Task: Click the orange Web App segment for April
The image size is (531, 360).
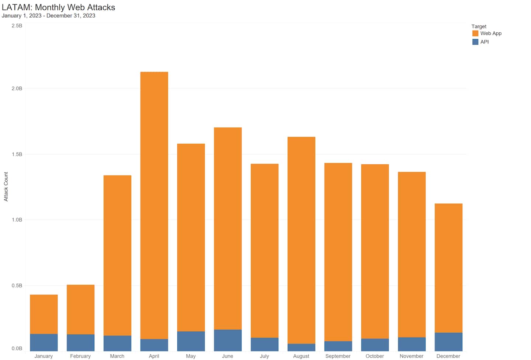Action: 154,205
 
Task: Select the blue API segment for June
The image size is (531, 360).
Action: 228,340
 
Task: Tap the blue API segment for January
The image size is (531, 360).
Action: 44,342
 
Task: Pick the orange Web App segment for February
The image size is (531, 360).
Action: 80,310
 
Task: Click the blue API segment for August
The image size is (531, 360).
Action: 301,347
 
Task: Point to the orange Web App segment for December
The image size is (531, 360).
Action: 448,268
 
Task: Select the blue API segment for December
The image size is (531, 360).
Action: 448,342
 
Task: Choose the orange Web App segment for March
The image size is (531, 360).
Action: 117,255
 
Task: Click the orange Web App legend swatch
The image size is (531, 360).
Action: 475,33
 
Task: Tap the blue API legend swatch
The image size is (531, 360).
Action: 475,42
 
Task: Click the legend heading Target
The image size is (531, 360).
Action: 479,27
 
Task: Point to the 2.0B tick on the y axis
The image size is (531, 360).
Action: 17,88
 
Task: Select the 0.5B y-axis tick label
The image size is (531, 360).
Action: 17,286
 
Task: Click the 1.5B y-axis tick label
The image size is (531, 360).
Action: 17,154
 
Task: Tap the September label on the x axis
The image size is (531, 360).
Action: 338,356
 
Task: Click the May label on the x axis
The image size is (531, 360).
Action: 191,356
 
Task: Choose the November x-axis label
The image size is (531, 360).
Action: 412,356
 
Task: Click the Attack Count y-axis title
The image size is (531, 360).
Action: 6,186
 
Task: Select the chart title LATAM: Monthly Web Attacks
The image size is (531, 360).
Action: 58,7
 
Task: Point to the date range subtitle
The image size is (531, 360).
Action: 48,16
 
